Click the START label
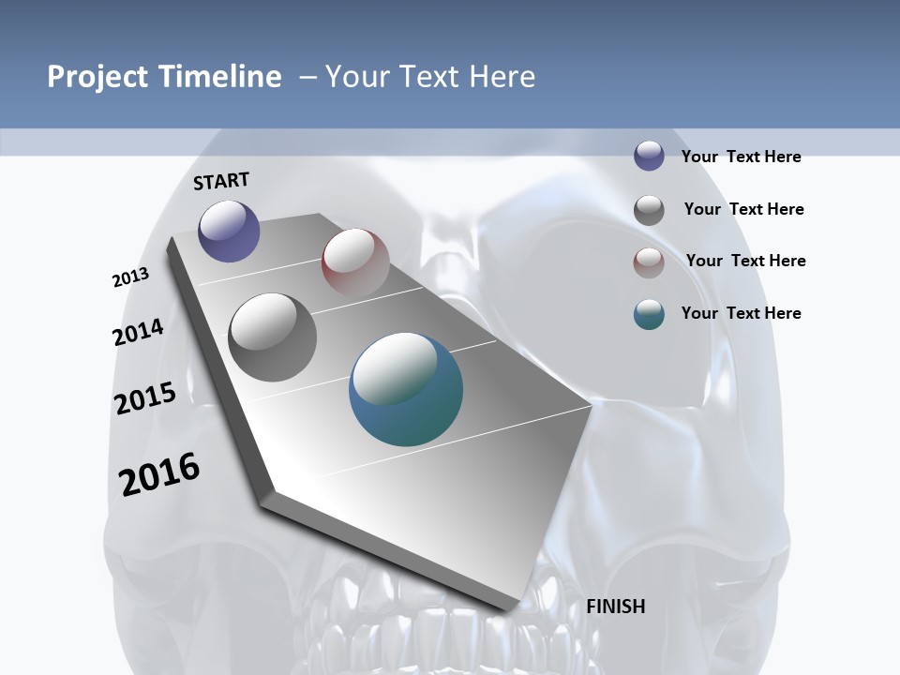(221, 181)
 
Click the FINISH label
(616, 607)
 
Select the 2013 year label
(130, 277)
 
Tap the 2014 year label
(138, 332)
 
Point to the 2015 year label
(145, 397)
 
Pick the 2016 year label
(159, 473)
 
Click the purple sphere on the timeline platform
(229, 231)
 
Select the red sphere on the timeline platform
(355, 262)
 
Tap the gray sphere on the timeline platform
(272, 337)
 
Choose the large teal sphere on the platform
(406, 389)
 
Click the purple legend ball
(649, 156)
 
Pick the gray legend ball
(649, 210)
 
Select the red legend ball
(649, 262)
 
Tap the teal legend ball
(649, 314)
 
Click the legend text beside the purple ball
(741, 157)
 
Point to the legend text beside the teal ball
(741, 313)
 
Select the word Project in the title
(97, 77)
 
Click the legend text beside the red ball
(745, 261)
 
